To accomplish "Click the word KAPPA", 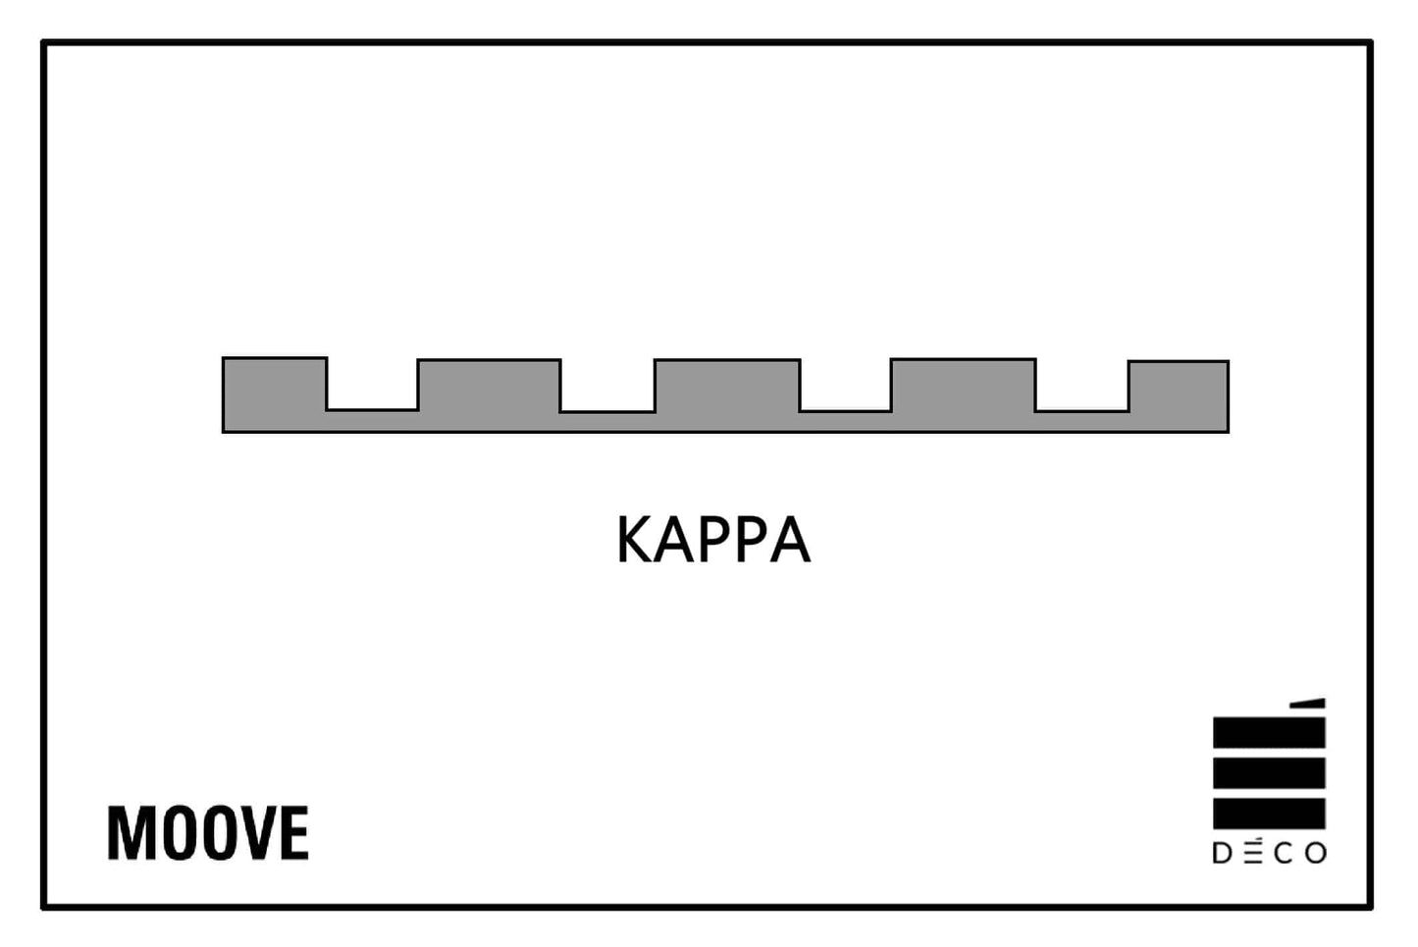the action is pyautogui.click(x=713, y=540).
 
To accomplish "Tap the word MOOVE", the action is pyautogui.click(x=208, y=833).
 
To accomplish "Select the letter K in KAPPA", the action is pyautogui.click(x=635, y=540).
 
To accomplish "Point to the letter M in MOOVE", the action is pyautogui.click(x=131, y=833).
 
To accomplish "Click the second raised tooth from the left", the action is pyautogui.click(x=489, y=386).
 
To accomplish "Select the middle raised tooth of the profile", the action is pyautogui.click(x=727, y=386).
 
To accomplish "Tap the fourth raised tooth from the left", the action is pyautogui.click(x=963, y=385).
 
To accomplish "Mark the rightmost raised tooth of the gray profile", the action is pyautogui.click(x=1179, y=386).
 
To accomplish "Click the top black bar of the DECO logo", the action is pyautogui.click(x=1269, y=732).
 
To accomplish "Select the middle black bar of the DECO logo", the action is pyautogui.click(x=1269, y=773).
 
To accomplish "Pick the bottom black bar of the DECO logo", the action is pyautogui.click(x=1269, y=814).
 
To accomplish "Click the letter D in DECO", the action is pyautogui.click(x=1223, y=854).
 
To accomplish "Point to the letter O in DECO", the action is pyautogui.click(x=1316, y=854).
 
